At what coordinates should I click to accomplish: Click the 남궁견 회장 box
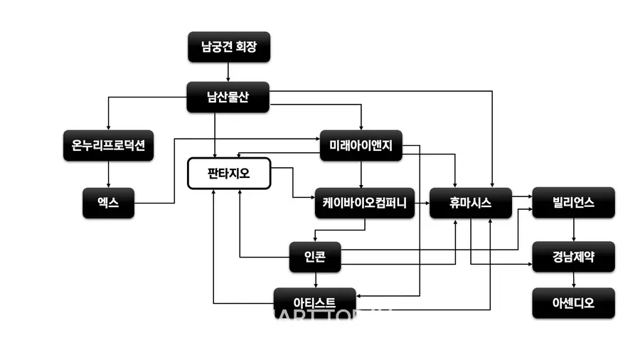tap(228, 48)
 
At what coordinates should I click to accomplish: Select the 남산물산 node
tap(228, 97)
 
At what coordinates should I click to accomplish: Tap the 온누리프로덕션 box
tap(108, 146)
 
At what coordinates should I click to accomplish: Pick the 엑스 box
tap(108, 203)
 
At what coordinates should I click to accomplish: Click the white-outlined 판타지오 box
tap(228, 174)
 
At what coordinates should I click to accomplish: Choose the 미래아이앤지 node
tap(361, 146)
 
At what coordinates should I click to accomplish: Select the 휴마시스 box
tap(471, 203)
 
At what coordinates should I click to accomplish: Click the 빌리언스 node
tap(573, 203)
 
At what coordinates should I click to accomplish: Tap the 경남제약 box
tap(573, 257)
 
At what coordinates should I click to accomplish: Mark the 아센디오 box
tap(573, 303)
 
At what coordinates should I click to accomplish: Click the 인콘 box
tap(316, 257)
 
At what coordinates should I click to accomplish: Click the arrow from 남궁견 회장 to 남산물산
tap(228, 72)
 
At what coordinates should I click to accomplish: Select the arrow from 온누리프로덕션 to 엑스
tap(108, 174)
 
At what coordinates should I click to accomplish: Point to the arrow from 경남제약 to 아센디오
tap(573, 280)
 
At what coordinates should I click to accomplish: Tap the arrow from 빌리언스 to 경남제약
tap(573, 230)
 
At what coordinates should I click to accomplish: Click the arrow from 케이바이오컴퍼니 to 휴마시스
tap(422, 203)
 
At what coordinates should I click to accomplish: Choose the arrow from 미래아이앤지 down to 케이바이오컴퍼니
tap(361, 174)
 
